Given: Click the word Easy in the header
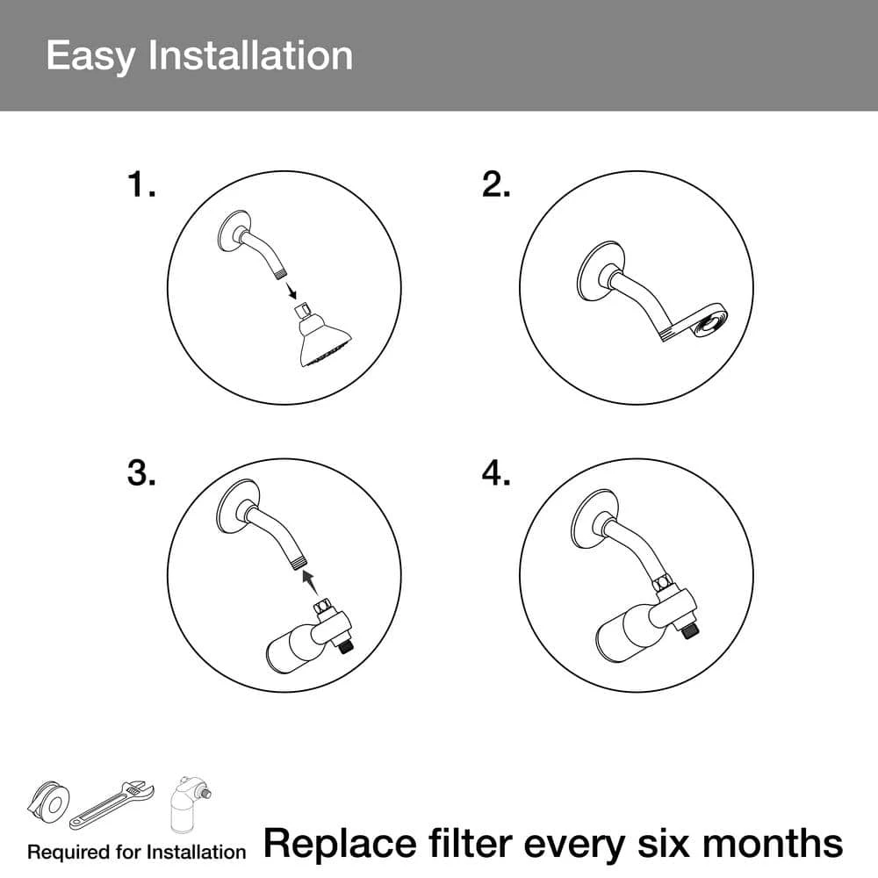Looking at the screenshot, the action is [90, 56].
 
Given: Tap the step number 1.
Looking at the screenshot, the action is [141, 184].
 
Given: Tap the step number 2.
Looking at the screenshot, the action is [496, 184].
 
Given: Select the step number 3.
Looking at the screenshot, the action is [141, 473].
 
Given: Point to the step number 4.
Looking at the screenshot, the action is [496, 473].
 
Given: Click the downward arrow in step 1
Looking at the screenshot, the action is [291, 291].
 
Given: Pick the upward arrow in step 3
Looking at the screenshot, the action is [310, 582].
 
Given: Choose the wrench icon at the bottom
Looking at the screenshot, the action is [112, 804].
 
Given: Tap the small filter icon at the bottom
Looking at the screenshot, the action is [191, 804].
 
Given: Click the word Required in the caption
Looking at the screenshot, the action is [68, 853].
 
